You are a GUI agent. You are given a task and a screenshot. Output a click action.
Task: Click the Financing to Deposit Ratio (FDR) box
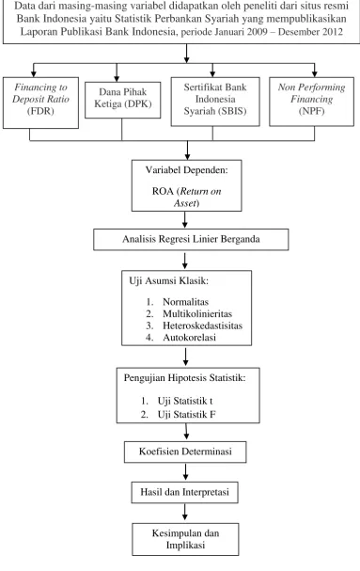pos(40,103)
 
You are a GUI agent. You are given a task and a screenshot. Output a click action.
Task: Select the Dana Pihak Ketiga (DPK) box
pos(123,100)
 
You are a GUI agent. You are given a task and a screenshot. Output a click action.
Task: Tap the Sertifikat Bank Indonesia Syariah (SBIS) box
pos(215,102)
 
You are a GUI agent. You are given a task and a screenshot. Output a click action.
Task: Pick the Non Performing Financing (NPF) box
pos(311,102)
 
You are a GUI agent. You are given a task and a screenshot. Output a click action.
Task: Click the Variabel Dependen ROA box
pos(187,185)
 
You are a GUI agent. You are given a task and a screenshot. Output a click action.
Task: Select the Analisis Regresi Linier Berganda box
pos(191,239)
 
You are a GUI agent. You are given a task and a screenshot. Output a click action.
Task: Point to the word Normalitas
pos(186,302)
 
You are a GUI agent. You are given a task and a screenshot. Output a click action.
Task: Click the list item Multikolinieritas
pos(197,313)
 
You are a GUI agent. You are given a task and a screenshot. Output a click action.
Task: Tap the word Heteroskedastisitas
pos(202,325)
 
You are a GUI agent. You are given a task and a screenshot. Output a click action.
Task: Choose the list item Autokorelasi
pos(189,337)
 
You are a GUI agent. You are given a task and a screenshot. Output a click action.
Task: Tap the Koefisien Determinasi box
pos(185,452)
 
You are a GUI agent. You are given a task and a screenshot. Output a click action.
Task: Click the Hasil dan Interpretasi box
pos(185,492)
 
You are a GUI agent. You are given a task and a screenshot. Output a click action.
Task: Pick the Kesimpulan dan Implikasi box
pos(185,539)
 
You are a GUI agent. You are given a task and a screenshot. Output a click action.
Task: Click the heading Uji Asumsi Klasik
pos(168,281)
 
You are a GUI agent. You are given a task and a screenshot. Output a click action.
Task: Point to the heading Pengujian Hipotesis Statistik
pos(184,378)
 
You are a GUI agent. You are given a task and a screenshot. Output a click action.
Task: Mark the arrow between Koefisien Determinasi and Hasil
pos(186,472)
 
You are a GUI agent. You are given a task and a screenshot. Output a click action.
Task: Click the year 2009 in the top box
pos(258,32)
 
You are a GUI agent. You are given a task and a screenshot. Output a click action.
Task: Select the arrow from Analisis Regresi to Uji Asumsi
pos(185,261)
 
